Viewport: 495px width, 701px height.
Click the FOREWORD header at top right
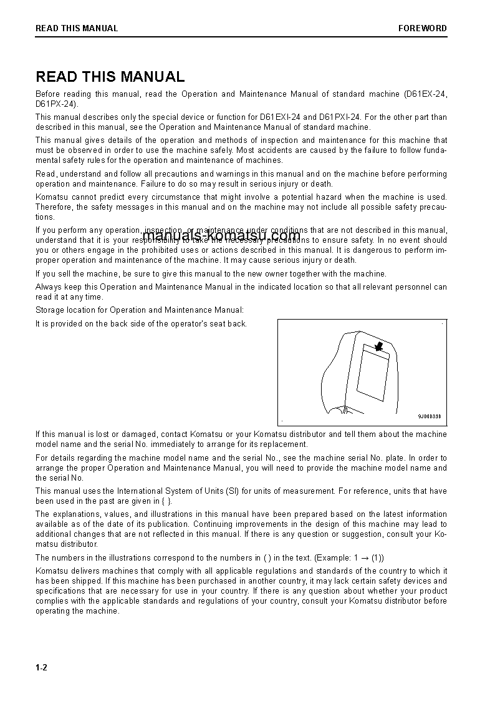423,28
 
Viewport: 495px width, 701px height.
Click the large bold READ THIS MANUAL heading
110,77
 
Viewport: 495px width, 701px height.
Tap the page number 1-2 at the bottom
42,667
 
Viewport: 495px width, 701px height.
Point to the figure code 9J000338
429,416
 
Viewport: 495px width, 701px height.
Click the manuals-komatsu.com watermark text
221,235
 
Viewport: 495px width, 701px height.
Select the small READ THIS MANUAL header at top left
77,28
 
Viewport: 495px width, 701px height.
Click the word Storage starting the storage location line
49,310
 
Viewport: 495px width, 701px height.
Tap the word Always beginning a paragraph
47,287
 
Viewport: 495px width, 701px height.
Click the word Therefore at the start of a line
54,207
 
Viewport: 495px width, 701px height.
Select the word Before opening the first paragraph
49,94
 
